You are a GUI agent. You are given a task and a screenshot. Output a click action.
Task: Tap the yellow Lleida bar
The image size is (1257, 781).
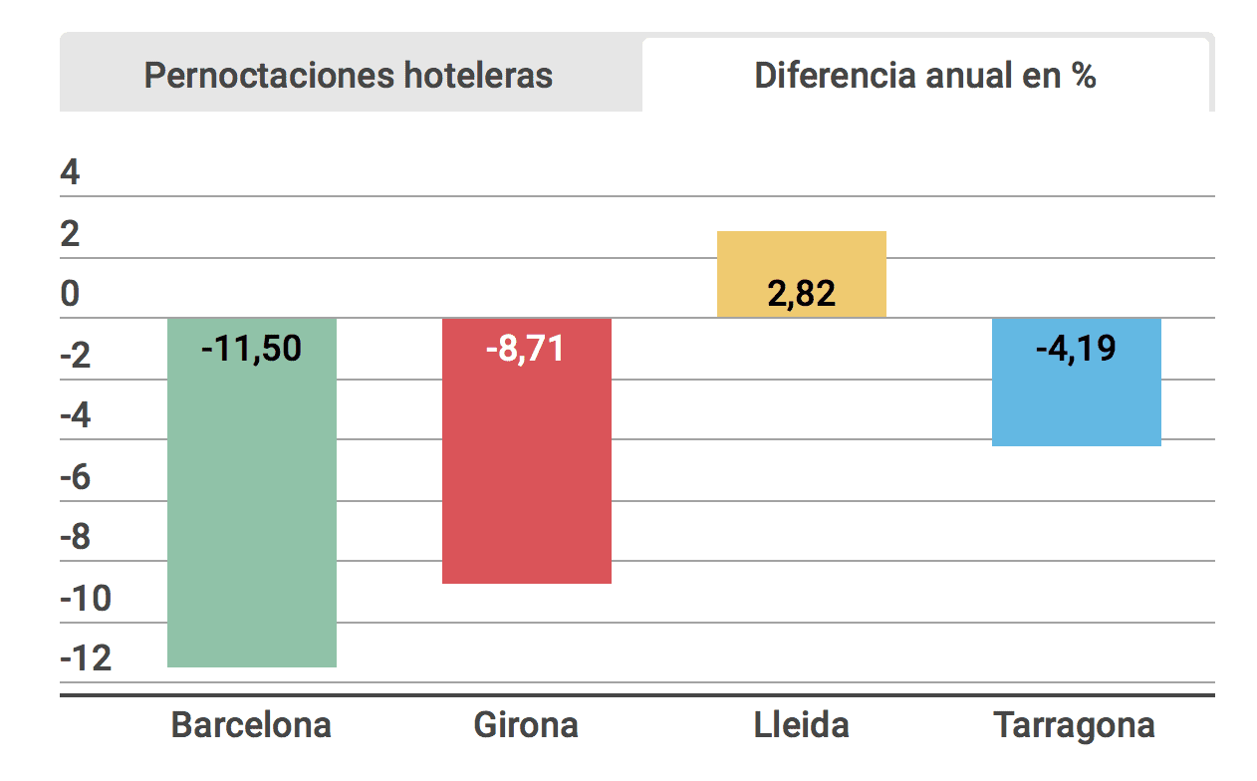(802, 259)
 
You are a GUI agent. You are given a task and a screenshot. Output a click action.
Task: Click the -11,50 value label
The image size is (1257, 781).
(251, 350)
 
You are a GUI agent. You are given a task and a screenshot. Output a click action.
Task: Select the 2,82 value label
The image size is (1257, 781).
(801, 294)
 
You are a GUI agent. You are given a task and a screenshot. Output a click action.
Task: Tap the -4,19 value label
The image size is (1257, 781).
(1076, 350)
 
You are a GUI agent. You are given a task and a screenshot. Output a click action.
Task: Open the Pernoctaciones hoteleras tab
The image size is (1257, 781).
(349, 76)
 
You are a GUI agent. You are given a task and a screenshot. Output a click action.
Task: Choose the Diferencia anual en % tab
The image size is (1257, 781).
(925, 76)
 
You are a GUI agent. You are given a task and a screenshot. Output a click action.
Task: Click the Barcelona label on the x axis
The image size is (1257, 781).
(251, 724)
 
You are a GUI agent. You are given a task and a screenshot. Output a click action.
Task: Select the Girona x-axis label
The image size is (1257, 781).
(526, 724)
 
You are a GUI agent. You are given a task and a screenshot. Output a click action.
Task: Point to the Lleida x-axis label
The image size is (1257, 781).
(801, 724)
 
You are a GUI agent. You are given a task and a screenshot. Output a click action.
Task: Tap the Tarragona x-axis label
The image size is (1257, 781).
(1076, 724)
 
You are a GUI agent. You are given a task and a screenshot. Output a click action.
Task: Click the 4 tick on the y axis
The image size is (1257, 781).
(70, 173)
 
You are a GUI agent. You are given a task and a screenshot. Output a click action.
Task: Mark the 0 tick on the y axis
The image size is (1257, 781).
(70, 295)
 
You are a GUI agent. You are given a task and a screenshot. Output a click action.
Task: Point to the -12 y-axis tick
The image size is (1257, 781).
(86, 659)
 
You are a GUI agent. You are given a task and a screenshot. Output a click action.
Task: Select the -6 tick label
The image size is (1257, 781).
(76, 477)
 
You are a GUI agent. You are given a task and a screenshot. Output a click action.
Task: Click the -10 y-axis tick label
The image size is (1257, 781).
(86, 599)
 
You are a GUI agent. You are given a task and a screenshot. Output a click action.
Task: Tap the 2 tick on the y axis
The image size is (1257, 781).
(70, 234)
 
